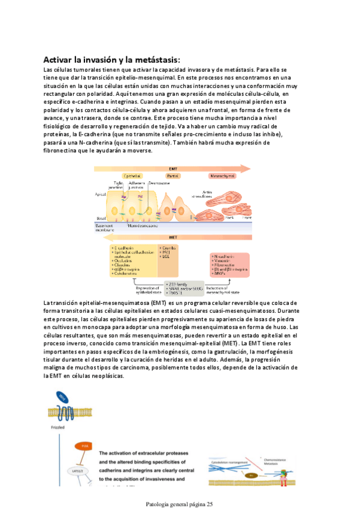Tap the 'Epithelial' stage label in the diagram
pos(132,176)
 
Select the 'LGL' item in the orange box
pos(165,256)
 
